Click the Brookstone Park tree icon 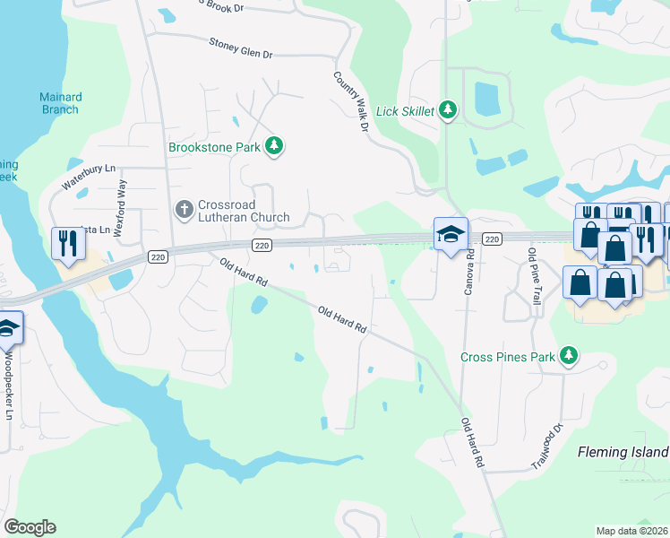pyautogui.click(x=275, y=146)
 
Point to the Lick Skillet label pyautogui.click(x=404, y=110)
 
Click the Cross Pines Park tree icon pyautogui.click(x=568, y=356)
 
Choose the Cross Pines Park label pyautogui.click(x=507, y=357)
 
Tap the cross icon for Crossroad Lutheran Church pyautogui.click(x=184, y=209)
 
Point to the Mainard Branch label pyautogui.click(x=59, y=103)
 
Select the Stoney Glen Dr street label pyautogui.click(x=240, y=48)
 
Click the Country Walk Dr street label pyautogui.click(x=352, y=103)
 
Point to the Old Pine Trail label pyautogui.click(x=535, y=277)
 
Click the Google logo pyautogui.click(x=30, y=527)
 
